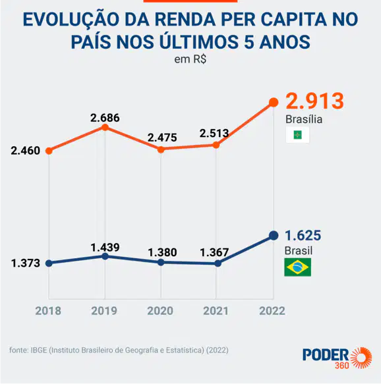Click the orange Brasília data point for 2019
click(x=105, y=127)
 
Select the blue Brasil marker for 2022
click(x=274, y=236)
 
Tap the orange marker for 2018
click(x=49, y=151)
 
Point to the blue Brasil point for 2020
click(x=161, y=263)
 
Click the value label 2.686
click(x=105, y=118)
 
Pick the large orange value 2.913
click(x=315, y=101)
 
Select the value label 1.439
click(x=105, y=248)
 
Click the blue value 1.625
click(x=303, y=236)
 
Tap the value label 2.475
click(x=162, y=138)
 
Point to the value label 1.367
click(x=214, y=252)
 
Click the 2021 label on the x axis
click(x=216, y=311)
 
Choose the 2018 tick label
click(x=48, y=311)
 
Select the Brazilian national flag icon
click(x=298, y=267)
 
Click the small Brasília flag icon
click(x=298, y=135)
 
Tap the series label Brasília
click(x=304, y=119)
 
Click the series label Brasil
click(x=299, y=251)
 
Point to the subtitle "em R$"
click(x=190, y=59)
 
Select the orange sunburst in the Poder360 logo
click(x=361, y=358)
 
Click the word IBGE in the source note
click(x=39, y=350)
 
